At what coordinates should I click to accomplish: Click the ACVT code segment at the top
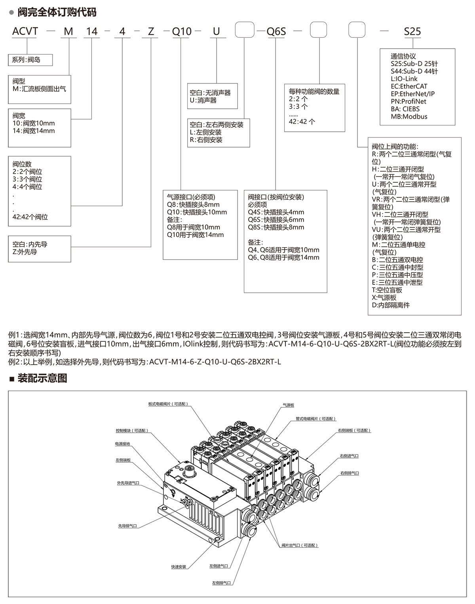tap(25, 31)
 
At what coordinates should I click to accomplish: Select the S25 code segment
tap(412, 31)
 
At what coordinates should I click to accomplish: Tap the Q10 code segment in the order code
tap(182, 31)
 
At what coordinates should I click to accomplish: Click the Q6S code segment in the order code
tap(276, 31)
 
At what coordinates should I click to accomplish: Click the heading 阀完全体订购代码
tap(57, 12)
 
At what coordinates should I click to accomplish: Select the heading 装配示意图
tap(42, 379)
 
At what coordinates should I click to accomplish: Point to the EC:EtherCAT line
tap(409, 86)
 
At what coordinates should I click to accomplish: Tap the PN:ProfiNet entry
tap(408, 101)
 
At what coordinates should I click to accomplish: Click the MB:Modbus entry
tap(409, 116)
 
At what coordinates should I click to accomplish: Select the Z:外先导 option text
tap(25, 252)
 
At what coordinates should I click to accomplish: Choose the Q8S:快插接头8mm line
tap(276, 227)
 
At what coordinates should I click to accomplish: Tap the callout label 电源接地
tap(122, 444)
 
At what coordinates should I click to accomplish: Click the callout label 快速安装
tap(179, 567)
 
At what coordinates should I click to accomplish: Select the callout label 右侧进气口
tap(348, 456)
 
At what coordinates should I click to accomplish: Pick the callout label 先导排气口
tap(127, 526)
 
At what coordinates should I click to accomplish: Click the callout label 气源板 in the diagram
tap(288, 405)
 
